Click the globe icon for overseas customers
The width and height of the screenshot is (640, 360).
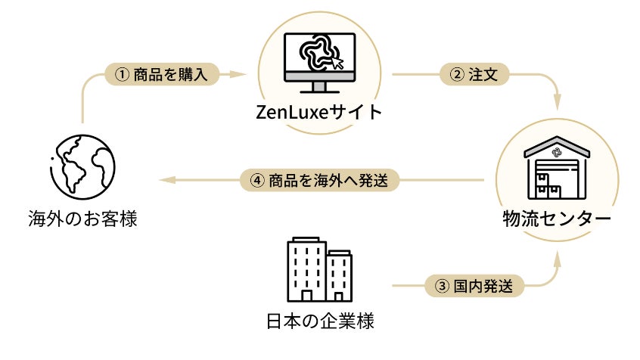tap(79, 165)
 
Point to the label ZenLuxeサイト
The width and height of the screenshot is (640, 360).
tap(318, 113)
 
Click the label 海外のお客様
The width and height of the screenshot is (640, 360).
tap(80, 219)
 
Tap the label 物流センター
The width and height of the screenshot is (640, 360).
tap(556, 219)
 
